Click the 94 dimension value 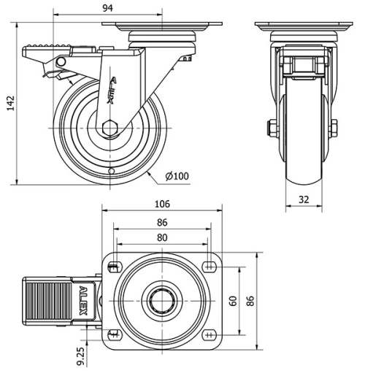pos(107,8)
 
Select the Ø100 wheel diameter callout pos(178,176)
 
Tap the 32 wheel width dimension pos(304,198)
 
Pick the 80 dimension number pos(161,237)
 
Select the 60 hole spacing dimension pos(233,300)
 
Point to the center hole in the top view pos(161,300)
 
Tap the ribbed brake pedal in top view pos(49,301)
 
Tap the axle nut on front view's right pos(334,129)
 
